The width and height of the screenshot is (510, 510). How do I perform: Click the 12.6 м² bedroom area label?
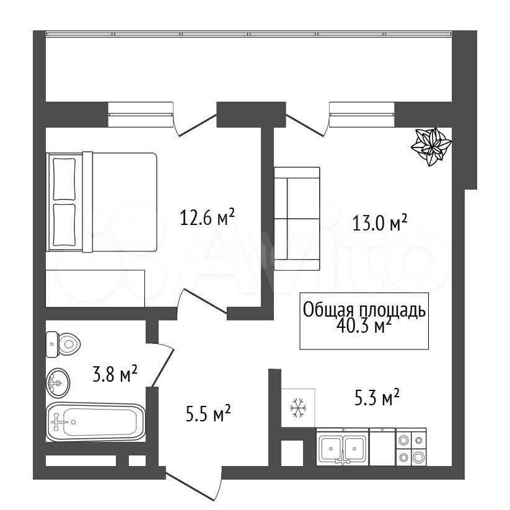[207, 218]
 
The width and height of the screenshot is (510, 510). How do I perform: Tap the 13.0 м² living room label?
[380, 223]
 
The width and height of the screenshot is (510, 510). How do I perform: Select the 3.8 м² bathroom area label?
[115, 374]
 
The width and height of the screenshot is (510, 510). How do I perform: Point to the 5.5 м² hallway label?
[208, 413]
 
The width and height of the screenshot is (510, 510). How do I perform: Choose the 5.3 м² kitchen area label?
[377, 397]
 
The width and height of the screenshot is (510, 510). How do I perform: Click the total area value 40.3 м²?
[364, 326]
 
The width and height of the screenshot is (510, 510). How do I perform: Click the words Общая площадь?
[364, 310]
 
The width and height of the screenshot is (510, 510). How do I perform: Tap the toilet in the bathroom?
[63, 344]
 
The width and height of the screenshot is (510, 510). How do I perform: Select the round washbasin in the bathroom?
[58, 383]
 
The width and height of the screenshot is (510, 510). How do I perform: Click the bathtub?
[95, 422]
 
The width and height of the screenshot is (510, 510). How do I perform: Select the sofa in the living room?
[297, 219]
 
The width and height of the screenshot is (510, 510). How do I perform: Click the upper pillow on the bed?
[64, 179]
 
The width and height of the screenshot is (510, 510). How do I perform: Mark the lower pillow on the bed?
[64, 225]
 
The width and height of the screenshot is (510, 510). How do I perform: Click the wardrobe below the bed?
[95, 288]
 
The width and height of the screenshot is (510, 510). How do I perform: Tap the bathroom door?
[161, 365]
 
